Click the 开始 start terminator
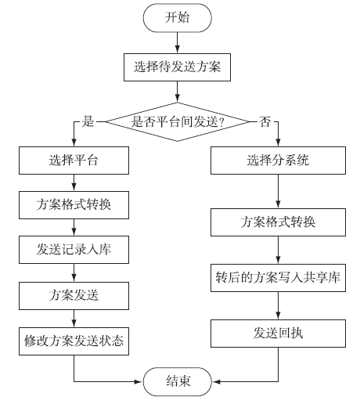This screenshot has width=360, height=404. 177,18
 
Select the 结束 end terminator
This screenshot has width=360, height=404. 178,381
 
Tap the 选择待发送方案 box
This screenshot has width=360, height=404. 177,67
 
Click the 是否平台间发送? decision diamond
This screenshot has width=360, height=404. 177,121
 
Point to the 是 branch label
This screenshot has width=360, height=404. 88,121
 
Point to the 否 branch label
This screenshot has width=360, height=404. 265,121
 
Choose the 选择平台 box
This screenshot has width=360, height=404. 74,161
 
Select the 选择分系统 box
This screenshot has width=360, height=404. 278,161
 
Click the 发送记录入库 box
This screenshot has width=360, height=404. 74,250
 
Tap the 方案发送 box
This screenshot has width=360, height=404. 74,296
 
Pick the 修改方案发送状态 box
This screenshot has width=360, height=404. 74,341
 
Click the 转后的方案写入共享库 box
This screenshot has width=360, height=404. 278,278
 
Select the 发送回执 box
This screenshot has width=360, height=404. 278,334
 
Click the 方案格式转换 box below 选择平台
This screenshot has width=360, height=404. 74,205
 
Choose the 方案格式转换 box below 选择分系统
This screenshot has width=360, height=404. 278,222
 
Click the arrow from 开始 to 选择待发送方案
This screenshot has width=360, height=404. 177,43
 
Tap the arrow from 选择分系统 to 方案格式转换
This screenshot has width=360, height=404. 278,191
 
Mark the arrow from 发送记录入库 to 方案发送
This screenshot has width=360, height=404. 74,272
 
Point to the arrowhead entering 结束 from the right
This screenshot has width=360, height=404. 216,381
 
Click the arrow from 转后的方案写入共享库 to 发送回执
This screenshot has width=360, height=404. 278,305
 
